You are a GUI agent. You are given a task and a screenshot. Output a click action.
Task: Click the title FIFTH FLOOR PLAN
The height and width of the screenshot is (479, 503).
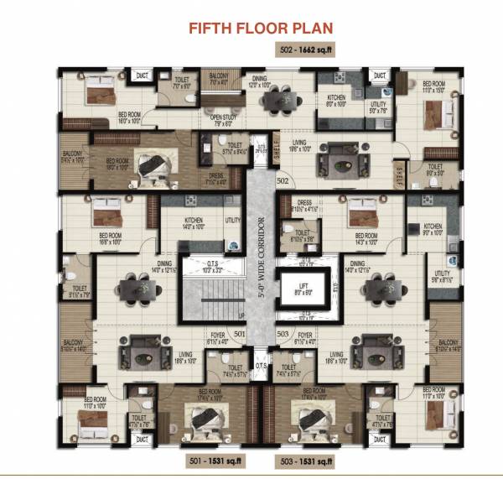pos(261,29)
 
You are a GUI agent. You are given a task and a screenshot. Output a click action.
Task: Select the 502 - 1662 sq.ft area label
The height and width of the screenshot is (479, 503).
pos(308,51)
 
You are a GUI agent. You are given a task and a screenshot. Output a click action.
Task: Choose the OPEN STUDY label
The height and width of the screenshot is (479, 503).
pos(222,119)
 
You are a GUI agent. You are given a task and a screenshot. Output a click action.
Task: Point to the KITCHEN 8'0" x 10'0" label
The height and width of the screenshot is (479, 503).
pos(335,102)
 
